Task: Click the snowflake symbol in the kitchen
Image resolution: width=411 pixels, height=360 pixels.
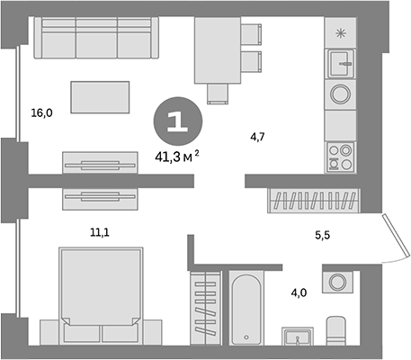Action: [341, 33]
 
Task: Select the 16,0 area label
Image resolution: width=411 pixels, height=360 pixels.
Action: [42, 112]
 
